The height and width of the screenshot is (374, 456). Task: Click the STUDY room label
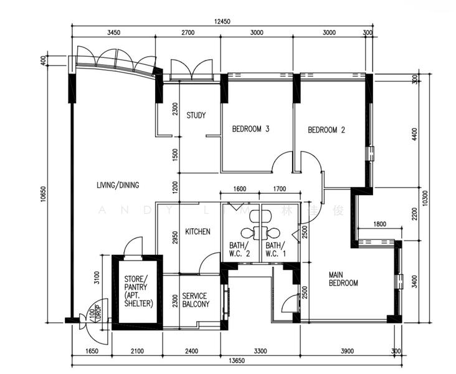(x=196, y=115)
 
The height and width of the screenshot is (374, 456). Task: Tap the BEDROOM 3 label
(x=250, y=130)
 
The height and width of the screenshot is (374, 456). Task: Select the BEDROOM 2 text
(x=326, y=130)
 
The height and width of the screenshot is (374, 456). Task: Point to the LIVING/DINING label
(x=118, y=185)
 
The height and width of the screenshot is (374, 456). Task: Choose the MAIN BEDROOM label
(x=343, y=278)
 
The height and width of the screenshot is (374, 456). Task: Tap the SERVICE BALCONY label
(x=196, y=300)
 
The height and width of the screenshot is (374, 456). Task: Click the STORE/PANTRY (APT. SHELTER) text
(x=136, y=290)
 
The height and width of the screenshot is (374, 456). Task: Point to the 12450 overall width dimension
(x=222, y=21)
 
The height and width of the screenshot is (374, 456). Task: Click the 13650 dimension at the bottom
(x=234, y=360)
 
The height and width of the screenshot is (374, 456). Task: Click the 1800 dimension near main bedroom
(x=379, y=224)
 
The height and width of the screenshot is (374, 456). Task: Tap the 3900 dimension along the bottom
(x=344, y=352)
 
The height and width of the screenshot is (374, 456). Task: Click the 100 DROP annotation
(x=94, y=310)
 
